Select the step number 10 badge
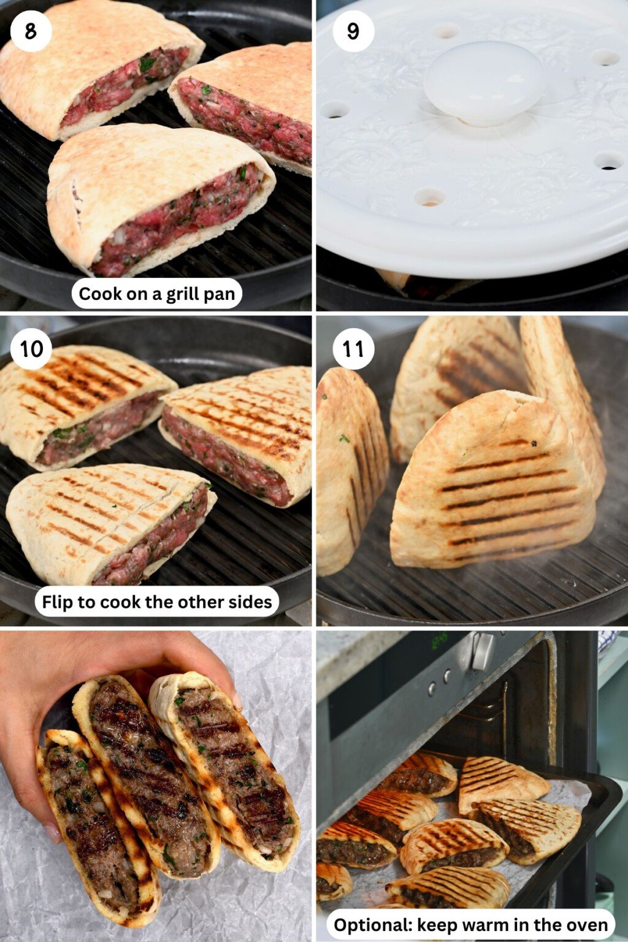(31, 349)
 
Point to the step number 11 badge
(353, 349)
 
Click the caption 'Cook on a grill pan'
(157, 294)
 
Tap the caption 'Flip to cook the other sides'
(157, 602)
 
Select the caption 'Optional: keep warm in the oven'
(470, 925)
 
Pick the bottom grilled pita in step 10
(110, 524)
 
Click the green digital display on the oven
(438, 642)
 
